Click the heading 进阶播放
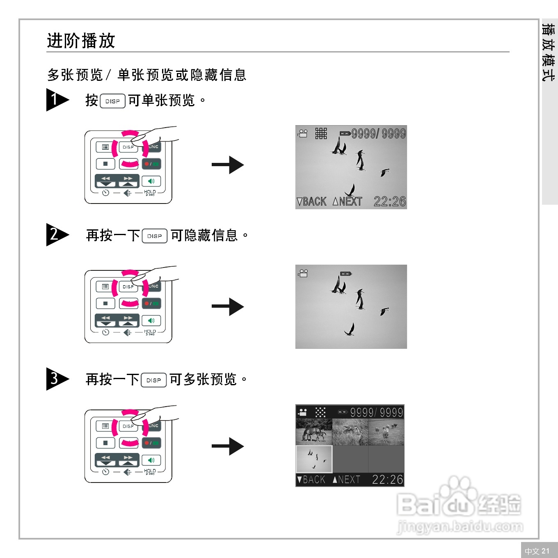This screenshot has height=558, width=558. point(81,41)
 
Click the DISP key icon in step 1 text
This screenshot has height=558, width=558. point(112,101)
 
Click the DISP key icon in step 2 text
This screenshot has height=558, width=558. point(154,236)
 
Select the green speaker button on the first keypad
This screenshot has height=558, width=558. point(151,181)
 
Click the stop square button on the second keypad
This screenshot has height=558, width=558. point(105,304)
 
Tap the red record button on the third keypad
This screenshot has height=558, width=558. point(151,443)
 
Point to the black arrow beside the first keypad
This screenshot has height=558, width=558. point(228,165)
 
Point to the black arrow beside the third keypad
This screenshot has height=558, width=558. point(228,446)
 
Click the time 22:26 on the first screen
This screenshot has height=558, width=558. point(389,201)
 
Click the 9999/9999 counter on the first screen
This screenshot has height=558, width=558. point(378,134)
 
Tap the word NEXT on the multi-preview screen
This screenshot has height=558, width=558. point(349,480)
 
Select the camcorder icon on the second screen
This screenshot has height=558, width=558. point(303,273)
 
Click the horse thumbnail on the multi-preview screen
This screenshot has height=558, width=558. point(314,432)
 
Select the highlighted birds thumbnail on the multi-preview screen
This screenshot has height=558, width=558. point(314,459)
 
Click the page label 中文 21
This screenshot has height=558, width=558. point(537,551)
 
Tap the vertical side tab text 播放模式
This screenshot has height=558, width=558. point(549,52)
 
